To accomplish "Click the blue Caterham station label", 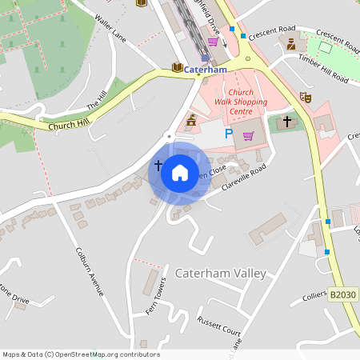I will [x=206, y=70].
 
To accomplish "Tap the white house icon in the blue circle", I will [x=179, y=172].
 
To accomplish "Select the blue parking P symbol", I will [x=229, y=134].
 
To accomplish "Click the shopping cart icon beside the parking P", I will [x=248, y=135].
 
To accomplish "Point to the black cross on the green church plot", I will [x=287, y=122].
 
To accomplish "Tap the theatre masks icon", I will [x=304, y=97].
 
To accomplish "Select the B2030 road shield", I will [x=343, y=295].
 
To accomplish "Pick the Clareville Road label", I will [x=244, y=180].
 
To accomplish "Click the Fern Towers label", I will [x=156, y=296].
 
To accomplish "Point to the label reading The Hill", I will [x=97, y=101].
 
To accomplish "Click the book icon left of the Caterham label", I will [x=178, y=68].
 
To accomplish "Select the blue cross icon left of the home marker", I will [x=158, y=166].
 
